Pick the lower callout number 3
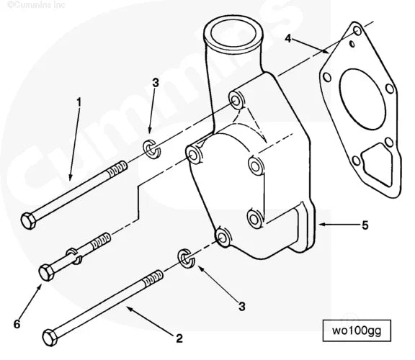point(242,306)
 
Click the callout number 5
point(365,225)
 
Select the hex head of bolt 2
point(50,337)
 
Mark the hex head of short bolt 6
point(45,273)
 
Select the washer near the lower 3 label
point(185,259)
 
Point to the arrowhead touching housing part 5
point(322,225)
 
